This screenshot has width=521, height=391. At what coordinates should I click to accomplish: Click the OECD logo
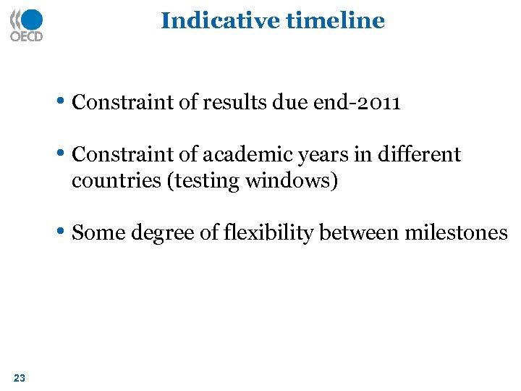pyautogui.click(x=26, y=25)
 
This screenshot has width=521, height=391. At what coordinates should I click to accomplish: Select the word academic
pyautogui.click(x=238, y=155)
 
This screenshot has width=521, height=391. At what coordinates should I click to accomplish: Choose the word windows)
pyautogui.click(x=292, y=180)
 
